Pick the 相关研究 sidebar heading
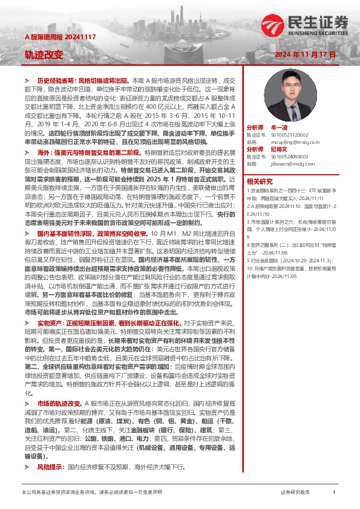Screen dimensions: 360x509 [x=260, y=181]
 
